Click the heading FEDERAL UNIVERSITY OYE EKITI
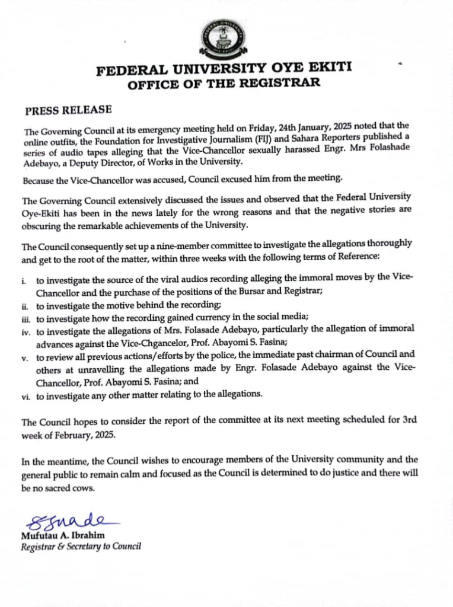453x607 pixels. (x=225, y=70)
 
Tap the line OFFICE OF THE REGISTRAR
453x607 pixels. (x=225, y=84)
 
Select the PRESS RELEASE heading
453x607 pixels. (x=68, y=111)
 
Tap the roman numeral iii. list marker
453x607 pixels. (x=26, y=318)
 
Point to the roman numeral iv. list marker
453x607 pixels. (x=26, y=331)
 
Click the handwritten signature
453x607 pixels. (x=68, y=522)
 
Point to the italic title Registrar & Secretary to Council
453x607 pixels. (x=81, y=547)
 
